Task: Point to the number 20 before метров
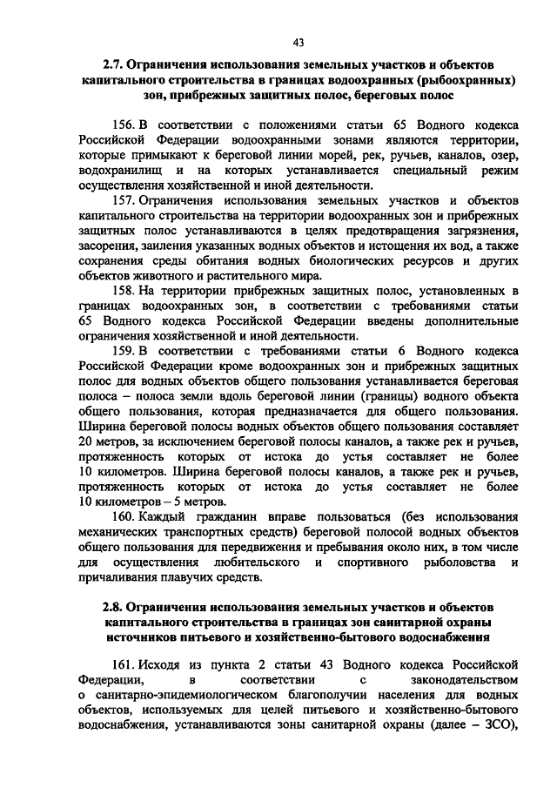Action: point(85,442)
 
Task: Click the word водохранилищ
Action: point(120,171)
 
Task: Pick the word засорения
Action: point(109,246)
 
